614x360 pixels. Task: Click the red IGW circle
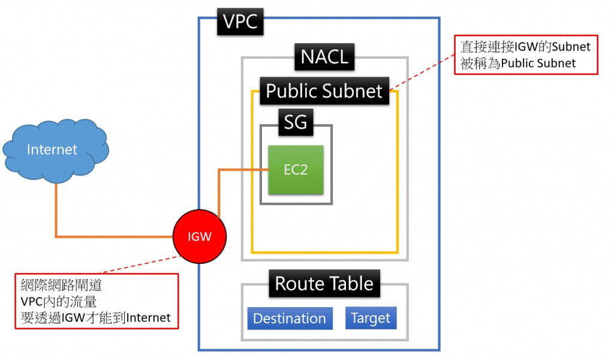tap(200, 236)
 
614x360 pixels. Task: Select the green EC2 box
tap(296, 169)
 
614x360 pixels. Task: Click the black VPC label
tap(240, 22)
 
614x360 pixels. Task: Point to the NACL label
tap(324, 58)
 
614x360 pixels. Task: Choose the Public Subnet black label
tap(324, 91)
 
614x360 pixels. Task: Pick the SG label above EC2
tap(296, 122)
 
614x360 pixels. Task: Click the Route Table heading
tap(324, 283)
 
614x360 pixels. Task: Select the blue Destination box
tap(290, 318)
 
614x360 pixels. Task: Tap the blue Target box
tap(371, 317)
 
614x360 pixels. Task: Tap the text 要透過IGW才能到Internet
tap(95, 317)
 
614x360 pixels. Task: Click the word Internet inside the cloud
tap(52, 149)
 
